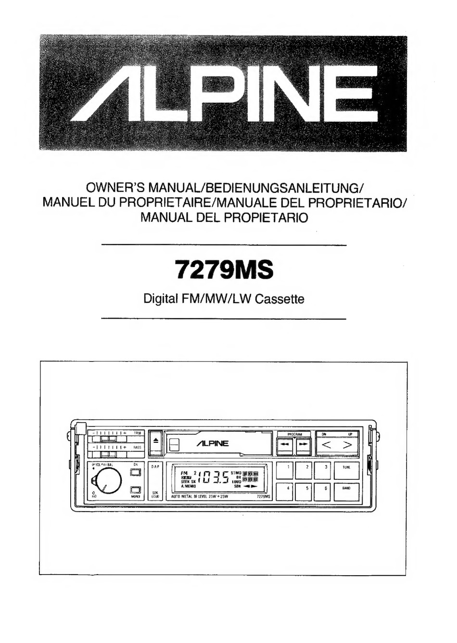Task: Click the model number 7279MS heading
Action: [x=224, y=270]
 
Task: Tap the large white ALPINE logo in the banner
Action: [x=224, y=94]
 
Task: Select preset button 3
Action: [x=322, y=470]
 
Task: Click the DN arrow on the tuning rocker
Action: [x=326, y=445]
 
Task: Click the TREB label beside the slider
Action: [x=137, y=433]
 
